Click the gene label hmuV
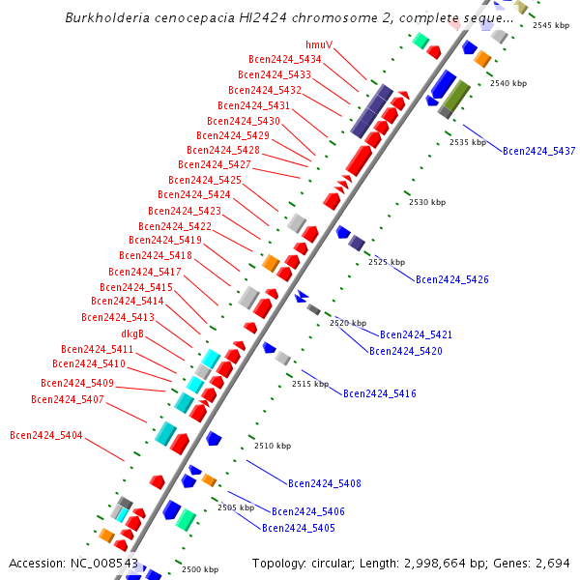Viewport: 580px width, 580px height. tap(319, 45)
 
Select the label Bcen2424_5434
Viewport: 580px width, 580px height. tap(285, 60)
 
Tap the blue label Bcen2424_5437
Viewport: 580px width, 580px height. tap(538, 152)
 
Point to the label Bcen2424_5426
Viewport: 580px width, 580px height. tap(451, 280)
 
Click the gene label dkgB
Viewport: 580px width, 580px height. tap(132, 333)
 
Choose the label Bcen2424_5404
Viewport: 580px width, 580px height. tap(46, 435)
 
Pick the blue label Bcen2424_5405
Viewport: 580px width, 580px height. tap(298, 529)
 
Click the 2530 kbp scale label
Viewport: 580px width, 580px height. tap(427, 203)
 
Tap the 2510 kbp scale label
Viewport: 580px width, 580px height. tap(273, 446)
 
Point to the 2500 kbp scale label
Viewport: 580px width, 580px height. tap(200, 570)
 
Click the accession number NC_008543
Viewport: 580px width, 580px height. tap(106, 563)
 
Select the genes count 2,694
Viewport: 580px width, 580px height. tap(550, 563)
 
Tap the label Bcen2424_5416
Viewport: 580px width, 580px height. tap(379, 394)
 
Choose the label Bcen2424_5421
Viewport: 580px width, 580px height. tap(416, 334)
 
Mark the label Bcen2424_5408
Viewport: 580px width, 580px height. tap(324, 483)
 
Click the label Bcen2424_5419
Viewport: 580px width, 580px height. tap(165, 240)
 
